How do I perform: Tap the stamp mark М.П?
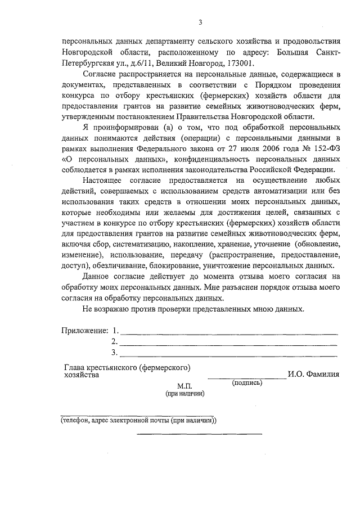184,386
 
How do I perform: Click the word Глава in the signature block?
75,368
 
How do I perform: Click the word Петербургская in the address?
87,63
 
